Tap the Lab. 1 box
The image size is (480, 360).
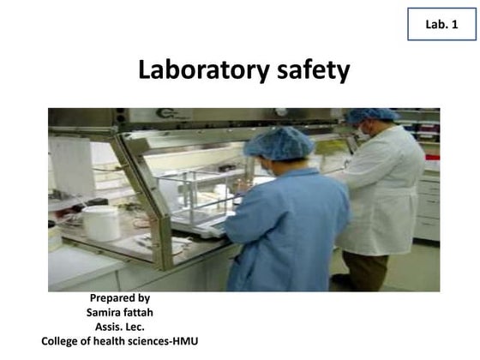click(x=441, y=25)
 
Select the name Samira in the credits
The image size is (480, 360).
click(x=104, y=313)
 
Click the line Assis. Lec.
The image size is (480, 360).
click(x=119, y=327)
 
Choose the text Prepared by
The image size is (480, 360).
click(x=119, y=298)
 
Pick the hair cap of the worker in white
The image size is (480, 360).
click(x=372, y=115)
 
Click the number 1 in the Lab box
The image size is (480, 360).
click(x=455, y=25)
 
